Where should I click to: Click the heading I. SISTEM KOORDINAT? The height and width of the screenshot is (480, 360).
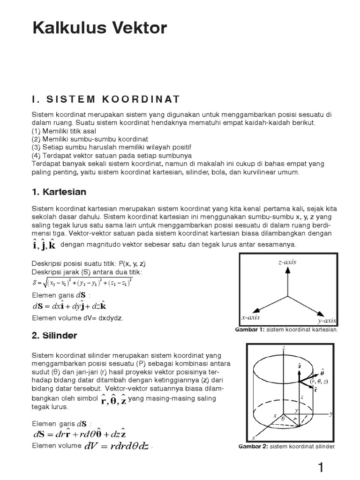pos(106,99)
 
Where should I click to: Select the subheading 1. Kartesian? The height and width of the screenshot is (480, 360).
pos(59,192)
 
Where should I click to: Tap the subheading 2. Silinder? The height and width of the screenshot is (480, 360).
pos(54,336)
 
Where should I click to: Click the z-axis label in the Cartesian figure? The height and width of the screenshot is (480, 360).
pos(287,262)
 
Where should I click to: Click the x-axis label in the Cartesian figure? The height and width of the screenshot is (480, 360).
pos(251,317)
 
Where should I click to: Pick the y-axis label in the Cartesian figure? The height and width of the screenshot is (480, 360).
pos(327,321)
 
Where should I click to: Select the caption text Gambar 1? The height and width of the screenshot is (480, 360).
pos(250,330)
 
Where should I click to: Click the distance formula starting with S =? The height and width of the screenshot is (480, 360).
pos(82,282)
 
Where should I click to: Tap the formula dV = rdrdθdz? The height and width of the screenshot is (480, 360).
pos(117,446)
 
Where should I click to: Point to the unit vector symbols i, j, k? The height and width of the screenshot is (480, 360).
pos(45,245)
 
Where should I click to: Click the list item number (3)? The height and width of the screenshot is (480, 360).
pos(37,147)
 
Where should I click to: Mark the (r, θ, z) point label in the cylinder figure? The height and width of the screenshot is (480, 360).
pos(320,382)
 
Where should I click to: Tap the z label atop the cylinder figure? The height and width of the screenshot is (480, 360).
pos(284,348)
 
